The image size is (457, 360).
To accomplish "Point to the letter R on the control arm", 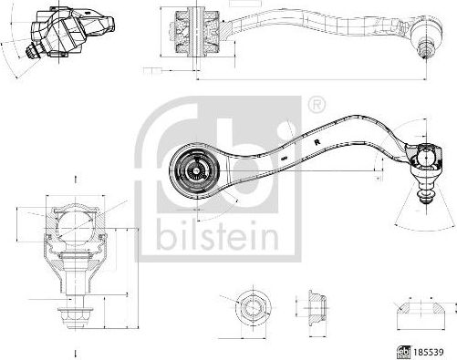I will pyautogui.click(x=314, y=143).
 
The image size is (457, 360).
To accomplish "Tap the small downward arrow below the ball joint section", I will pyautogui.click(x=75, y=352).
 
